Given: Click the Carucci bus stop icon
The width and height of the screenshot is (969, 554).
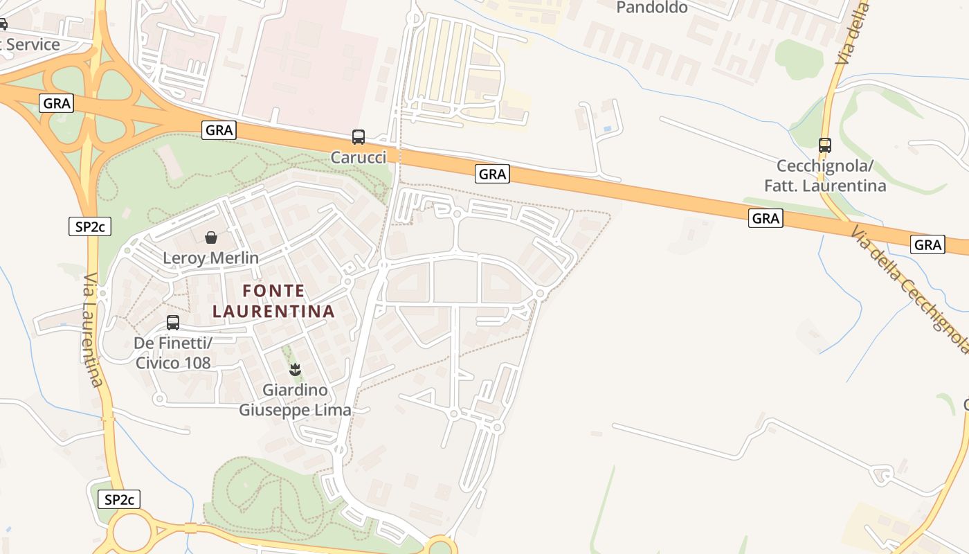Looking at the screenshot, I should (x=358, y=137).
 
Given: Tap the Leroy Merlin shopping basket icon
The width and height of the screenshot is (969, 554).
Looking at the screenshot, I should (x=211, y=238).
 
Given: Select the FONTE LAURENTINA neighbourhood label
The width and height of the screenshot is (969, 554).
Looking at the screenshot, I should (x=273, y=301).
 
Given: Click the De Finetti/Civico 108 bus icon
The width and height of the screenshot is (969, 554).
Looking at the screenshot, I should (x=173, y=323).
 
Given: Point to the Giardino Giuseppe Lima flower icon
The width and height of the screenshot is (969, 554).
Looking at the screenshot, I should (x=295, y=370).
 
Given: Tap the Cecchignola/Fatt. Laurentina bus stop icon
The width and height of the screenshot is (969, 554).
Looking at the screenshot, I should (x=824, y=145).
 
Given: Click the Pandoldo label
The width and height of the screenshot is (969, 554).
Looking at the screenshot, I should (x=651, y=8).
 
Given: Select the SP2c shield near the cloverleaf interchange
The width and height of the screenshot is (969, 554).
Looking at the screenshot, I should (x=90, y=226).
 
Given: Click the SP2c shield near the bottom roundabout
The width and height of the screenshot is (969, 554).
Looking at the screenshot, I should (x=119, y=499).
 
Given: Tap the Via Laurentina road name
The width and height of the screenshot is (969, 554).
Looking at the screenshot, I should (x=93, y=330).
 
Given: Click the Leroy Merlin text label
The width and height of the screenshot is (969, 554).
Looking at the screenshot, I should (x=211, y=258).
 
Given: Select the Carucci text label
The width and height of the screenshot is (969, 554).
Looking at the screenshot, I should (x=358, y=158).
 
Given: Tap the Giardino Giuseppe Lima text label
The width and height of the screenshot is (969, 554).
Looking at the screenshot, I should (x=295, y=400).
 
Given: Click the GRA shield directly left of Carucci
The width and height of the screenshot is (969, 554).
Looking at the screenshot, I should (x=219, y=129).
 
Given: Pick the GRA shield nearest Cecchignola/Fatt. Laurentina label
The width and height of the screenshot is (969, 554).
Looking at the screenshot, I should (x=766, y=219).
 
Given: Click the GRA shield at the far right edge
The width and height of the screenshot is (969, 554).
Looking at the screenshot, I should (x=927, y=244).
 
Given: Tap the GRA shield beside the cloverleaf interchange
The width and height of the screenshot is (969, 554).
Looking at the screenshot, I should (x=57, y=103).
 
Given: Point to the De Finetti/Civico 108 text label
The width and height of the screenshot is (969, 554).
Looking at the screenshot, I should (x=173, y=352).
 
